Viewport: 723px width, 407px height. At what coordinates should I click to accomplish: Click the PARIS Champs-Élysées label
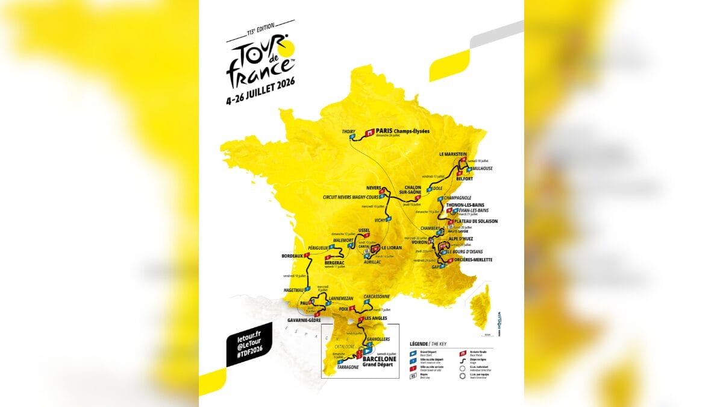pyautogui.click(x=405, y=130)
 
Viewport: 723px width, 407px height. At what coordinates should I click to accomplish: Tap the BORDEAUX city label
pyautogui.click(x=292, y=256)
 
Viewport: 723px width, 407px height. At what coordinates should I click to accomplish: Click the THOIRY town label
pyautogui.click(x=349, y=131)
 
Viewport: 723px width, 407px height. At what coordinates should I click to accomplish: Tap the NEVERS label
pyautogui.click(x=374, y=188)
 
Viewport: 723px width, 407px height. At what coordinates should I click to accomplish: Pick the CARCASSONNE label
pyautogui.click(x=377, y=297)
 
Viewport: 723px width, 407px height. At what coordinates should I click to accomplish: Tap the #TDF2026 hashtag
pyautogui.click(x=249, y=356)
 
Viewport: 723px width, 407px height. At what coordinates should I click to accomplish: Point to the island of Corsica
pyautogui.click(x=480, y=307)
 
